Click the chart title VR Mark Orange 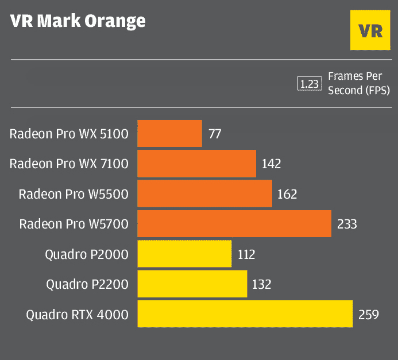(x=78, y=21)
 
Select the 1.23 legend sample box (x=308, y=84)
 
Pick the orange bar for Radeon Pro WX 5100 (x=169, y=134)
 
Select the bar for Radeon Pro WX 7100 (x=196, y=164)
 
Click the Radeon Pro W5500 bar (x=204, y=193)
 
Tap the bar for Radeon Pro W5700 (x=234, y=223)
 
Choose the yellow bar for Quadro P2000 (x=184, y=254)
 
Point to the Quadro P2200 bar (x=192, y=284)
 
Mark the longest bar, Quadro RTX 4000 (x=245, y=314)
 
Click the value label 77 (x=215, y=134)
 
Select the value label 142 (x=271, y=164)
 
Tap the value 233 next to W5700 (x=347, y=224)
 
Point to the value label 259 (x=368, y=315)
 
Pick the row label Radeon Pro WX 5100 (x=69, y=134)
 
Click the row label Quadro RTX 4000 (x=77, y=315)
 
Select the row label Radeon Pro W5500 (x=74, y=194)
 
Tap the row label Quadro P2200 (x=87, y=284)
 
